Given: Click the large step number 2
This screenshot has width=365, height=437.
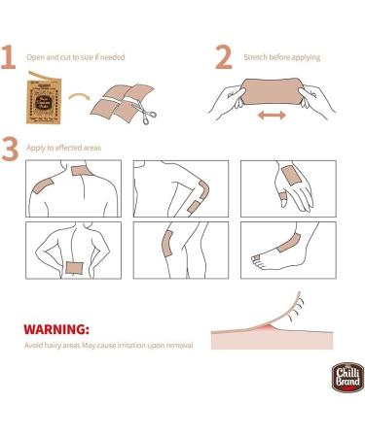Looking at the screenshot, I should coord(223,57).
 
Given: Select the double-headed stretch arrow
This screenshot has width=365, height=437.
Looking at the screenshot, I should coord(272,115).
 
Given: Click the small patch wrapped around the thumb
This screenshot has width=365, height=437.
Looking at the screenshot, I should coord(281,197).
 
